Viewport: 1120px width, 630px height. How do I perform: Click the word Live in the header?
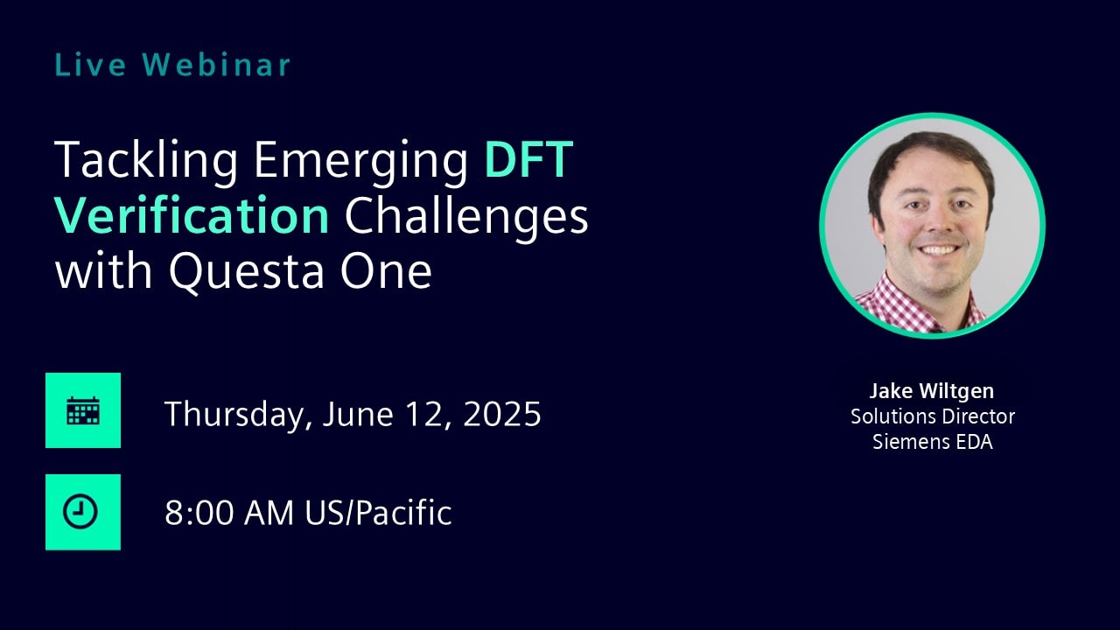[x=90, y=65]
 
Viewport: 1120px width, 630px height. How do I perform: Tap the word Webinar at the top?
[x=216, y=65]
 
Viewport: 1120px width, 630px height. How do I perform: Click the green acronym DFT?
[x=528, y=159]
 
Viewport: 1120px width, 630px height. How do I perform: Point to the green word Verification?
[x=192, y=215]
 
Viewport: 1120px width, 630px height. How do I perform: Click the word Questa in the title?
[x=247, y=272]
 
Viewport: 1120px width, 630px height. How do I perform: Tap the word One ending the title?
[x=386, y=270]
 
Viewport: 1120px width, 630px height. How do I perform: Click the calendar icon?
[x=83, y=410]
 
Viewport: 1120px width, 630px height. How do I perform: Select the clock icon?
[x=80, y=512]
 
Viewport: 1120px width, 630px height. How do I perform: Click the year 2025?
[x=502, y=414]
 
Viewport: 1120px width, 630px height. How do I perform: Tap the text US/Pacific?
[x=378, y=513]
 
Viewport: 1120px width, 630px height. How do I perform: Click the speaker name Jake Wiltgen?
[x=932, y=391]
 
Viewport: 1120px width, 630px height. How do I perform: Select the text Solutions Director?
[x=933, y=416]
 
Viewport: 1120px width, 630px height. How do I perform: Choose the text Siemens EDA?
[x=933, y=442]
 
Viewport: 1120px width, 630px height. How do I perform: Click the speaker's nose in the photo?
[x=939, y=222]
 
